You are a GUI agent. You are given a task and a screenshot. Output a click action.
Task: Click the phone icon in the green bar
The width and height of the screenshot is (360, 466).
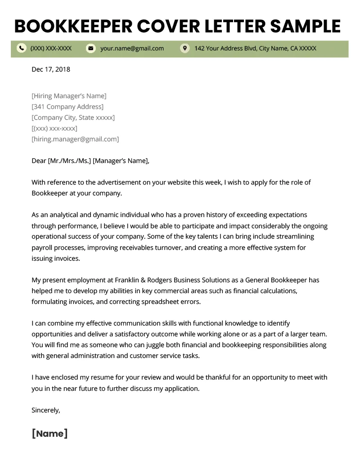point(21,48)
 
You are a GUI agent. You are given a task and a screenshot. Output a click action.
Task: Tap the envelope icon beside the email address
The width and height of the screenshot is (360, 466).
point(91,48)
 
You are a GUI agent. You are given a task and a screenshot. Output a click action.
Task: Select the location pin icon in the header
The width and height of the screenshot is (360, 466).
point(184,48)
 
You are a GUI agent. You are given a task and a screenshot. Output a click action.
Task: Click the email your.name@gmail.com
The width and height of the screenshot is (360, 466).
point(132,48)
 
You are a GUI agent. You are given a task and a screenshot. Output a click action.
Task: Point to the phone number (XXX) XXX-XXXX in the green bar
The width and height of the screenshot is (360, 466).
point(51,48)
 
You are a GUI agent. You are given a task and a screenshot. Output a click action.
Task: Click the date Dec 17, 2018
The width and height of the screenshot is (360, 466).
point(51,69)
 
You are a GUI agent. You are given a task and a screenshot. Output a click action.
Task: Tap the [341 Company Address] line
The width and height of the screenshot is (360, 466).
point(67,107)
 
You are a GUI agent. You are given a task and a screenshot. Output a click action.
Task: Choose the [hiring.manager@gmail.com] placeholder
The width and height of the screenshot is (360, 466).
point(75,139)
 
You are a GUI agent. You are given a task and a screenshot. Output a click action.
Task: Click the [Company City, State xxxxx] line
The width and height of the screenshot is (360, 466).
point(73,118)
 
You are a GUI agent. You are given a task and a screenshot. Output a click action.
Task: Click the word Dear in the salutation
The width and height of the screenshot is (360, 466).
point(39,161)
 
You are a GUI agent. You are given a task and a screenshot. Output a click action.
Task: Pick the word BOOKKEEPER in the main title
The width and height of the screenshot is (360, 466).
point(72,26)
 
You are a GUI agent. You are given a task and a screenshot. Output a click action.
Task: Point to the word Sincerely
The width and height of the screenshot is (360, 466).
point(45,410)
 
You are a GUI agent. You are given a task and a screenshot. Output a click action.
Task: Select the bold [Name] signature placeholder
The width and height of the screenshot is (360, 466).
point(49,434)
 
